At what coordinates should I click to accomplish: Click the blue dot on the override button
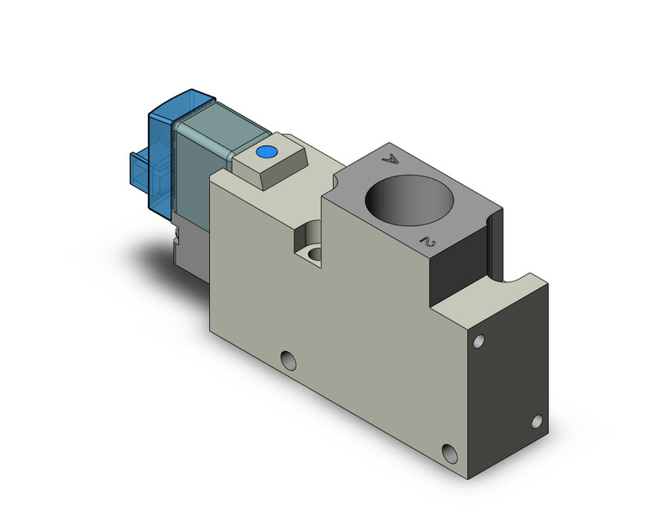pos(266,154)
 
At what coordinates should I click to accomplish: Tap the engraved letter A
pos(392,158)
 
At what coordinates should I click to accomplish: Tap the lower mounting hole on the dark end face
pos(536,421)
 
